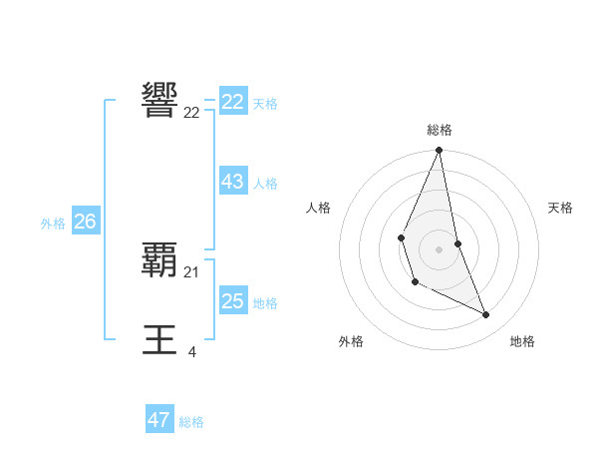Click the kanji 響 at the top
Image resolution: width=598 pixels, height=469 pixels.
160,100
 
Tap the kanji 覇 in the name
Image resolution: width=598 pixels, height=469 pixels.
160,259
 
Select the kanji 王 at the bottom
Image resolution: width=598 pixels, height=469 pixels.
160,339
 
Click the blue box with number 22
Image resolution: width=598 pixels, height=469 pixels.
233,102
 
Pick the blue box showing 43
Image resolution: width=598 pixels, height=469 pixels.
233,182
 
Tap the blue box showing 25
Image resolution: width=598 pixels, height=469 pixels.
233,301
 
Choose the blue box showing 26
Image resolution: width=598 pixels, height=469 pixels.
85,222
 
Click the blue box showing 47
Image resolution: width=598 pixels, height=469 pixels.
159,420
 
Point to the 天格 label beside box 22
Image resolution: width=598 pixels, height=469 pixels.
265,104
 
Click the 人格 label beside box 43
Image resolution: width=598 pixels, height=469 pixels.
265,184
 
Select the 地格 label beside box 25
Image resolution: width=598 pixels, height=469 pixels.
265,303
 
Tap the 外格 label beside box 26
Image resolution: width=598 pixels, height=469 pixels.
53,224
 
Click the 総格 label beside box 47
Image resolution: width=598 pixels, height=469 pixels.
191,422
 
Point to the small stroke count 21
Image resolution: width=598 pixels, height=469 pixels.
191,271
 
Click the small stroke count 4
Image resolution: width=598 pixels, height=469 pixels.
191,351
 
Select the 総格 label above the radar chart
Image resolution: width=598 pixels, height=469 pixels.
439,130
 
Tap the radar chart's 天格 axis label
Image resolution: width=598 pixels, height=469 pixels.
560,208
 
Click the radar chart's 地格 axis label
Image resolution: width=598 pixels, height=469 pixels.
522,341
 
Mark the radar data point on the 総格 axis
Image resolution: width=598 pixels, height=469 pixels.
439,151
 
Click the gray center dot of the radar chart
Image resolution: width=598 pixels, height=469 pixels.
439,248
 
